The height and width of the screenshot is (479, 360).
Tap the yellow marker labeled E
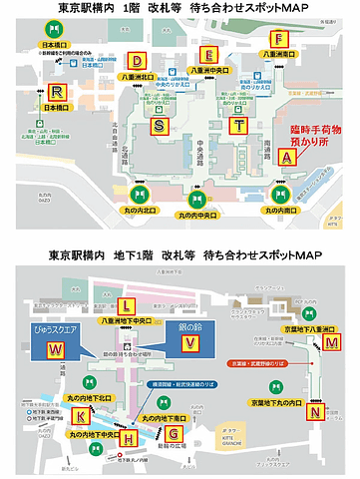pos(208,55)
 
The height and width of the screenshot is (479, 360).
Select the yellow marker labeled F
pos(282,39)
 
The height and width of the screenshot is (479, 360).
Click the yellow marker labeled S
pos(161,125)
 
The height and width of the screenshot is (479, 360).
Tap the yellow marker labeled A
pos(287,158)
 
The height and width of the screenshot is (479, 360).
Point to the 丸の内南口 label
pos(280,211)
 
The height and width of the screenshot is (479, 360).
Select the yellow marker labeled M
pos(331,341)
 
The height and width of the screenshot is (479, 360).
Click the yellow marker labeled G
pos(174,434)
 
